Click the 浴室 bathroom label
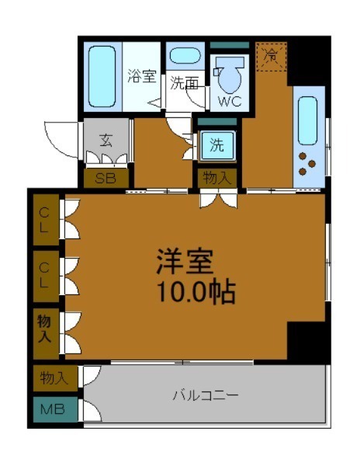142,76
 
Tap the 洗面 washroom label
184,83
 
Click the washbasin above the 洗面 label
185,57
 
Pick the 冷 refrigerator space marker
272,56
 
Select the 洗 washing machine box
216,144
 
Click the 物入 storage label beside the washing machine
216,178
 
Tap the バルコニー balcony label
205,395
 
